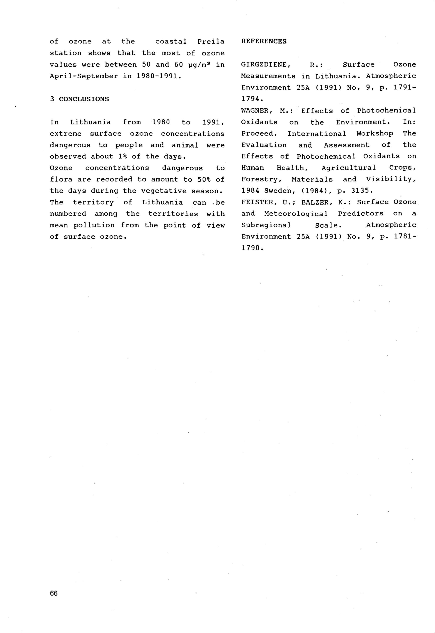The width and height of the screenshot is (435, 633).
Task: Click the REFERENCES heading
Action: click(264, 41)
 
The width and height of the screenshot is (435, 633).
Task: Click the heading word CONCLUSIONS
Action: click(84, 99)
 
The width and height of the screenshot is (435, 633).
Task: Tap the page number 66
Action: click(54, 593)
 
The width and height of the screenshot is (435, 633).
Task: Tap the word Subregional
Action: click(266, 225)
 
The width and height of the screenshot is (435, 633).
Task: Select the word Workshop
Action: click(375, 134)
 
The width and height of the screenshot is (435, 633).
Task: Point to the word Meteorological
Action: click(296, 214)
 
